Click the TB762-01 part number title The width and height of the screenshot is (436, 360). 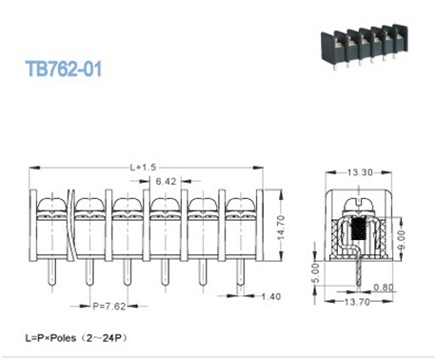tap(64, 69)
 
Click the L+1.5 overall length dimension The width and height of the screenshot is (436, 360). tap(143, 167)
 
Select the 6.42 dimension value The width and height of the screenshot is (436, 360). tap(166, 181)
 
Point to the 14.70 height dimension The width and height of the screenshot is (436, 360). tap(281, 228)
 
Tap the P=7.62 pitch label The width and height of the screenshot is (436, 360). tap(109, 307)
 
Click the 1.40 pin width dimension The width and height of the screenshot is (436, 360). tap(271, 296)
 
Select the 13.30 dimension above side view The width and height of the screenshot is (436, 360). tap(360, 172)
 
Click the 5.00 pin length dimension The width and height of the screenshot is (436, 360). tap(316, 273)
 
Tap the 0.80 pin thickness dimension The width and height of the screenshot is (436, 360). tap(384, 288)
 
